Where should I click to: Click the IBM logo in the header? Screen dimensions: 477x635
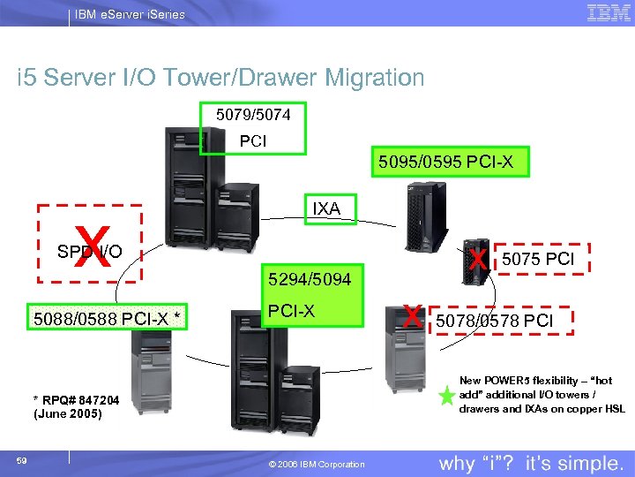[x=608, y=13]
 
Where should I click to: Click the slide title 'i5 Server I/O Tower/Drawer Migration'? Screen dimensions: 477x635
[x=220, y=78]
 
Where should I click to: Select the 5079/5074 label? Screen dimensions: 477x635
[x=253, y=115]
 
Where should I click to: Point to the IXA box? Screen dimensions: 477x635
[x=326, y=209]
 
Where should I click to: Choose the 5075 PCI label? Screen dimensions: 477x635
[x=538, y=259]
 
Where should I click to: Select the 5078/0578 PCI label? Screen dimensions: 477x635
[x=495, y=320]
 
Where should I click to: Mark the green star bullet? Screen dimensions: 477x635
[x=446, y=397]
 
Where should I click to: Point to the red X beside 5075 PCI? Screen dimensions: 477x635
[x=478, y=259]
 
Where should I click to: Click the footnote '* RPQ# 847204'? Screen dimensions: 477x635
[x=76, y=400]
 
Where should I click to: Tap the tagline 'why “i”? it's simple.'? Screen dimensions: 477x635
[x=530, y=463]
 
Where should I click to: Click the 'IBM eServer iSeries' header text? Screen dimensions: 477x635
[x=129, y=14]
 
